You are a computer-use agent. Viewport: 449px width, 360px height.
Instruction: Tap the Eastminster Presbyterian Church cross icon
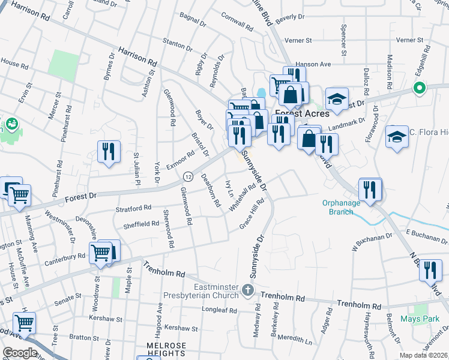click(248, 292)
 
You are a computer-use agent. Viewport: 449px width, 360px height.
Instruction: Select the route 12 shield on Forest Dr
click(188, 177)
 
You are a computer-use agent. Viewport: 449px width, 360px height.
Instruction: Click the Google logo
click(20, 353)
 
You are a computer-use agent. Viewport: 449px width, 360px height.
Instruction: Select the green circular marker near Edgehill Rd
click(418, 89)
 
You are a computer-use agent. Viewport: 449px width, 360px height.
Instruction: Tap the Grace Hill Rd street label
click(252, 214)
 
